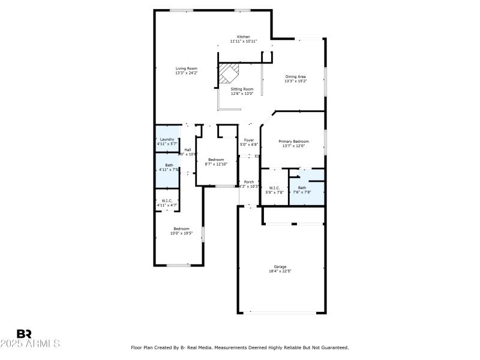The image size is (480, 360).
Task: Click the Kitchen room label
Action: [x=243, y=37]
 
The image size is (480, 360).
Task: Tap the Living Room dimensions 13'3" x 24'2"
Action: [x=186, y=73]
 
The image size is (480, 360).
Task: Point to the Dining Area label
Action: [x=295, y=77]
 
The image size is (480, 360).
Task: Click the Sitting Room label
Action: [x=242, y=89]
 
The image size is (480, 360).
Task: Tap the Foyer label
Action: [x=249, y=140]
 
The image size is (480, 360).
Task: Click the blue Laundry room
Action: [x=167, y=142]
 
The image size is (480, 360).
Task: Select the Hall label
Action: [x=188, y=149]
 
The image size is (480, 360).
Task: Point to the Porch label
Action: [x=248, y=182]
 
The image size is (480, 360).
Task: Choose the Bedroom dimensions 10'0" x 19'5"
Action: [x=182, y=233]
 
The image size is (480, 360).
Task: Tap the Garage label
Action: [x=280, y=266]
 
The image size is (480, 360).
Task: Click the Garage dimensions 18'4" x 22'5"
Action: [x=280, y=271]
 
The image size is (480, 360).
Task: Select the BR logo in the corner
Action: [x=24, y=334]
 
